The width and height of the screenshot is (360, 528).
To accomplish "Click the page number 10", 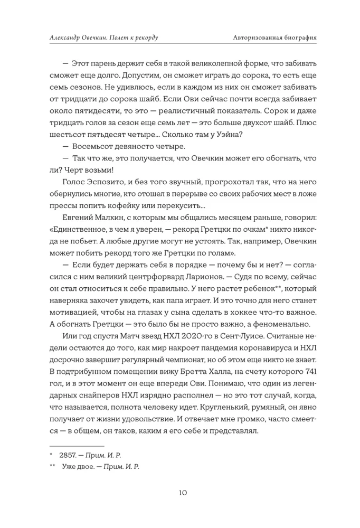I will pyautogui.click(x=180, y=493).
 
